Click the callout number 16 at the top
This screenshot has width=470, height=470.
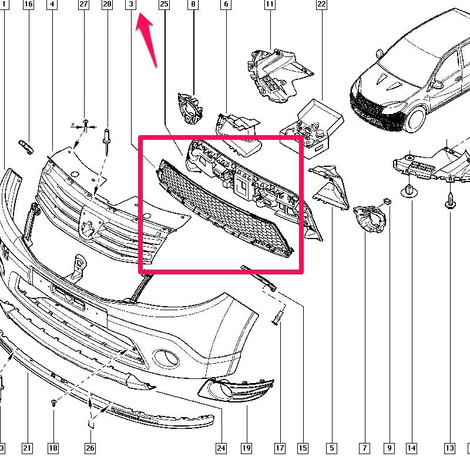pos(28,4)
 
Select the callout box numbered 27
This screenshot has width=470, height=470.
pos(83,4)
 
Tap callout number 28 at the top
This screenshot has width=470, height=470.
pos(107,4)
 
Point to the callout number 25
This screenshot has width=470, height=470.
pos(164,4)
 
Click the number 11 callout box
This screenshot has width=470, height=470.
pos(270,4)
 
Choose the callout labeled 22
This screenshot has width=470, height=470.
pos(321,4)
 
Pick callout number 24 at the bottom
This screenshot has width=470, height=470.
pos(221,448)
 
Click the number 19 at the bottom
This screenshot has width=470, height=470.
pos(246,448)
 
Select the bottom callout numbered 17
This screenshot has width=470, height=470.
pos(280,448)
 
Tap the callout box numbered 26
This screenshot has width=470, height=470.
pos(90,448)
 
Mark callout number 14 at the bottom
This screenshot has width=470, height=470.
pos(412,448)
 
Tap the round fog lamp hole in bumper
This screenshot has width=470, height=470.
pos(166,358)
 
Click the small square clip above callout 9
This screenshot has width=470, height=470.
pos(387,201)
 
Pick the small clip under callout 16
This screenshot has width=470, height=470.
pos(26,147)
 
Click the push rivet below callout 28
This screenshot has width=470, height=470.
pos(107,141)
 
